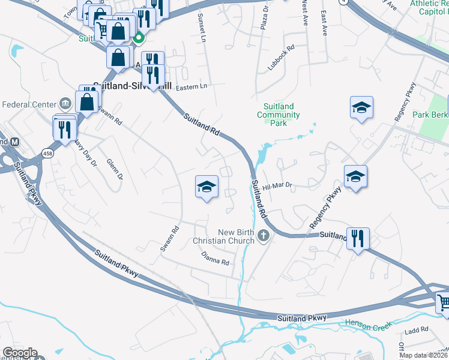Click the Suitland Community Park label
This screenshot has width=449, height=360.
pos(278,115)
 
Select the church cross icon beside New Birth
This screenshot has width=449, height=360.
pos(264,238)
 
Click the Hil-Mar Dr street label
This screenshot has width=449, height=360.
pos(277,187)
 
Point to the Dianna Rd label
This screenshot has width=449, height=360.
pos(215,259)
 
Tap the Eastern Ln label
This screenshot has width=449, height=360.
pos(191,87)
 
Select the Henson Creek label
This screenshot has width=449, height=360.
pos(368,324)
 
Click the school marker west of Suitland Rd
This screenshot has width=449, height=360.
pos(206,188)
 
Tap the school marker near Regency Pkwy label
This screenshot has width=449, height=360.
pos(355,177)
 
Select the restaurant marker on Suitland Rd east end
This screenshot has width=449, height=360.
pos(358,239)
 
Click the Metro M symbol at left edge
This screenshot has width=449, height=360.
pos(15,142)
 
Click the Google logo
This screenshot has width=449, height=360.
pos(19,353)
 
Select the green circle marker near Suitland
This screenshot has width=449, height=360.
pos(139,40)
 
